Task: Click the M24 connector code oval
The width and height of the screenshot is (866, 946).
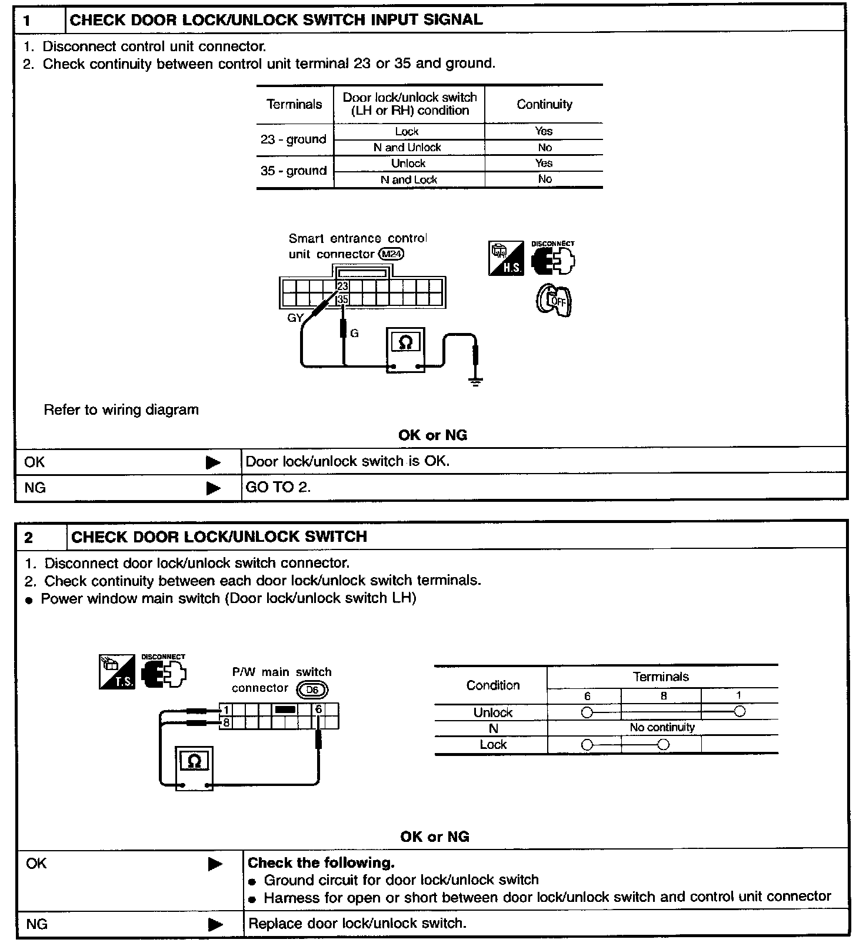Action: point(392,254)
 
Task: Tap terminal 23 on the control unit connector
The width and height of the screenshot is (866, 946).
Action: point(342,286)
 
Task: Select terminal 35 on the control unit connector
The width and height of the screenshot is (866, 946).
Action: point(342,299)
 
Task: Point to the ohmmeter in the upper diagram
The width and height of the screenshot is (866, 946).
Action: point(405,349)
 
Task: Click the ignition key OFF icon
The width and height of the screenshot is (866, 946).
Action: point(554,301)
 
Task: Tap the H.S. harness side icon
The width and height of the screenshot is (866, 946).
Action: point(506,258)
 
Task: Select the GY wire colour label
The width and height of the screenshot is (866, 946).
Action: point(295,318)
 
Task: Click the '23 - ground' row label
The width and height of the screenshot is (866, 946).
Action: point(294,139)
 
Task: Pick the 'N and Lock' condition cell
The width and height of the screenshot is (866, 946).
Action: point(409,179)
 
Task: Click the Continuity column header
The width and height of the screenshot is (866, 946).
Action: point(544,104)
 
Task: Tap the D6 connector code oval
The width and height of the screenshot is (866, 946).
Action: point(312,689)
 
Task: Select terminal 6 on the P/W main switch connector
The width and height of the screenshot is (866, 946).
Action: point(318,709)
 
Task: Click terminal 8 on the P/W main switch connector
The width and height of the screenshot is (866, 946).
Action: point(225,722)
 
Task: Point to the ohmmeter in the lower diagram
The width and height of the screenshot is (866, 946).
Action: point(194,767)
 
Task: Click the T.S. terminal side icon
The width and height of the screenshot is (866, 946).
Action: point(116,672)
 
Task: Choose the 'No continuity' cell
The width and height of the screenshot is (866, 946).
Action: point(662,728)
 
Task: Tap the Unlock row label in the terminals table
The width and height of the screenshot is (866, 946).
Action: point(492,712)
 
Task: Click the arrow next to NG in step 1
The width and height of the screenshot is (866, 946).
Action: point(213,488)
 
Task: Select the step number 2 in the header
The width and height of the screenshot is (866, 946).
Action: point(29,537)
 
